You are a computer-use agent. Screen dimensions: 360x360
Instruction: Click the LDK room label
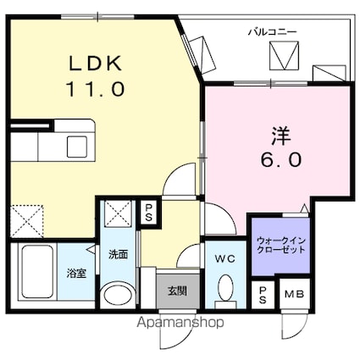pyautogui.click(x=95, y=63)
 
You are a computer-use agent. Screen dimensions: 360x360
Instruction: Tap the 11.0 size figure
pyautogui.click(x=95, y=86)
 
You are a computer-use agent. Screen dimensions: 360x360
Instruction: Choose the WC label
pyautogui.click(x=224, y=258)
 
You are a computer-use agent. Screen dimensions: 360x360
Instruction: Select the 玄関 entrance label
pyautogui.click(x=176, y=291)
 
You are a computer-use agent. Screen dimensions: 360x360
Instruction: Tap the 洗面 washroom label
pyautogui.click(x=117, y=254)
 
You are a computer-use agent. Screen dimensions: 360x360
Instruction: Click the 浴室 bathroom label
pyautogui.click(x=77, y=273)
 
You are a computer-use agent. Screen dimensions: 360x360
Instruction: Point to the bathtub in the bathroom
pyautogui.click(x=36, y=274)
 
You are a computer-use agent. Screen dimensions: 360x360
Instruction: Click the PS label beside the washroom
pyautogui.click(x=148, y=210)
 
